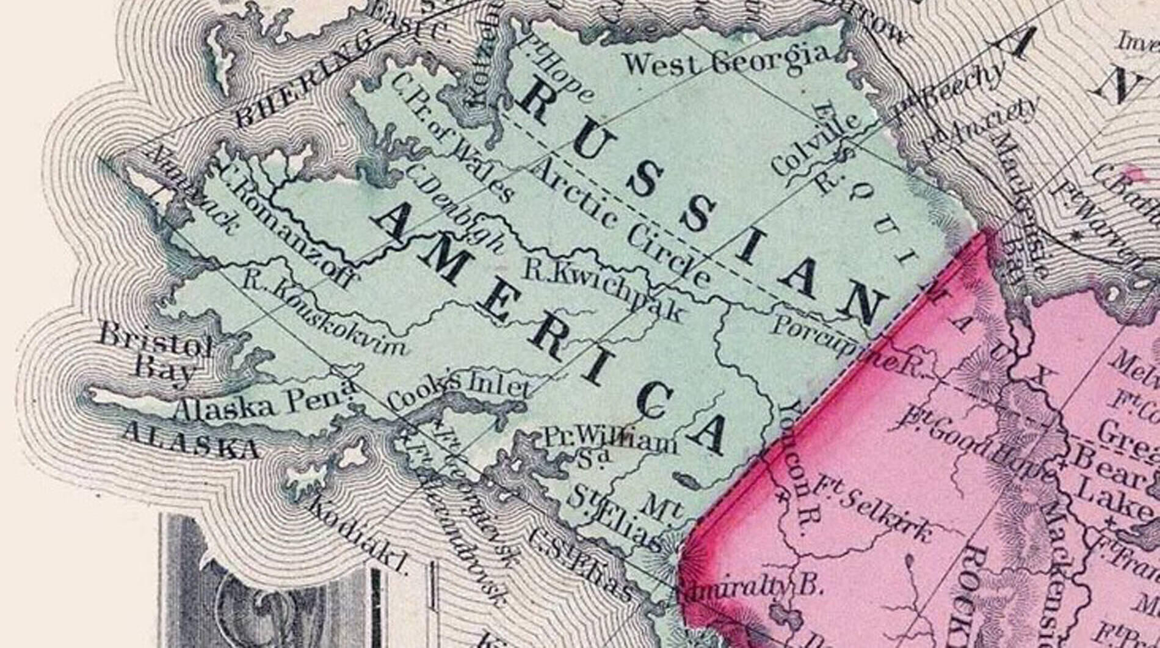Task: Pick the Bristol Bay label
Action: click(x=156, y=354)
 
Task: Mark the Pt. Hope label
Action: click(x=556, y=67)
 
